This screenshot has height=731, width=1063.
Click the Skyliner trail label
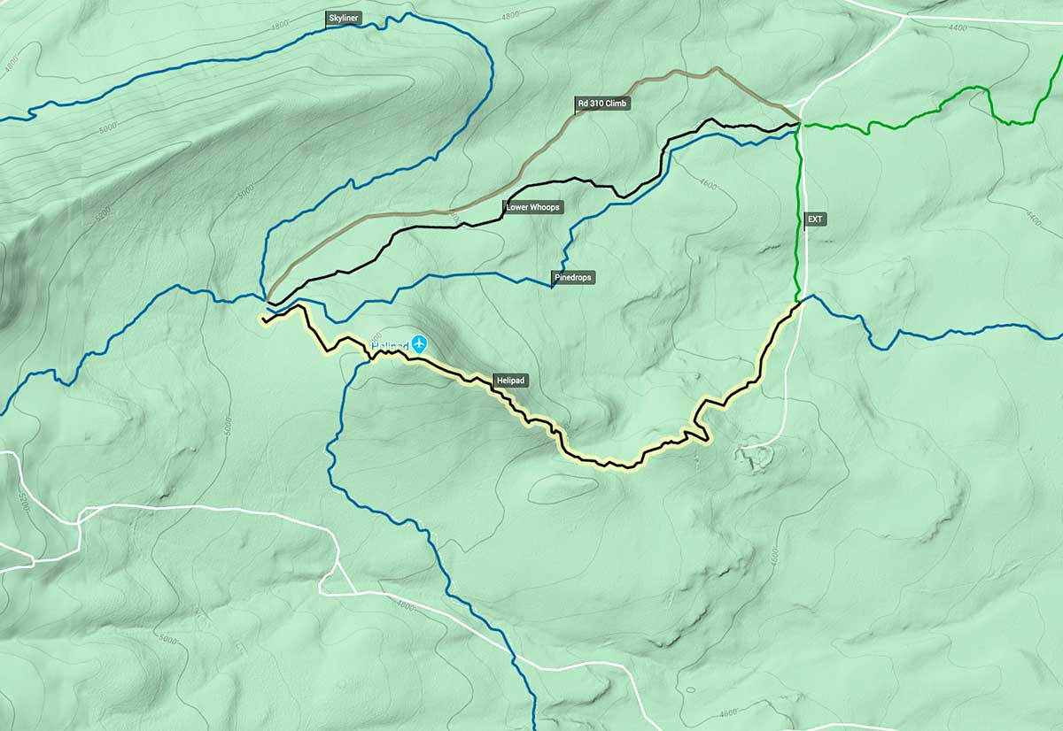click(x=343, y=18)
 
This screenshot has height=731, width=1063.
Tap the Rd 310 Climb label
click(x=601, y=104)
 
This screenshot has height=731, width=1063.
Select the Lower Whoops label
click(x=533, y=207)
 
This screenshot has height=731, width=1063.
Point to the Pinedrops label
click(x=573, y=277)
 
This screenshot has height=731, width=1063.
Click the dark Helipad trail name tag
click(x=511, y=381)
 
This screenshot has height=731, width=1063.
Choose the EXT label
click(x=815, y=218)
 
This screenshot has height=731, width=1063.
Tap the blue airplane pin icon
click(x=419, y=343)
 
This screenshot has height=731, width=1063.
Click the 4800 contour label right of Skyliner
click(x=509, y=17)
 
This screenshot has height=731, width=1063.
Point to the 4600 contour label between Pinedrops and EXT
click(x=707, y=184)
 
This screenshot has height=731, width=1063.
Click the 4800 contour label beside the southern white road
click(x=405, y=606)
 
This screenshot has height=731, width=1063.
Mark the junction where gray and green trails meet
click(x=799, y=122)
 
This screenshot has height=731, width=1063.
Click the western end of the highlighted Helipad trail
click(x=263, y=319)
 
